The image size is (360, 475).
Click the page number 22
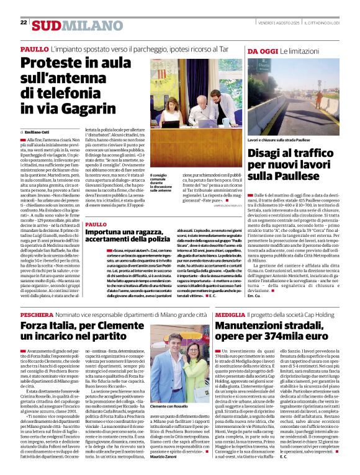pyautogui.click(x=24, y=23)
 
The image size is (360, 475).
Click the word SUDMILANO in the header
pyautogui.click(x=70, y=25)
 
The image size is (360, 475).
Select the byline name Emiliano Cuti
pyautogui.click(x=37, y=132)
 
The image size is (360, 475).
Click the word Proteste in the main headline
pyautogui.click(x=54, y=63)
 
